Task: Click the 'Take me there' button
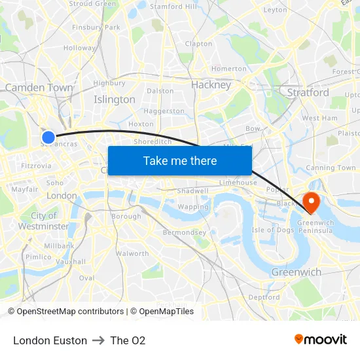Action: point(180,160)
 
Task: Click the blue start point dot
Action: point(48,137)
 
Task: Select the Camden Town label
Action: point(39,87)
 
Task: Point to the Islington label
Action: point(115,99)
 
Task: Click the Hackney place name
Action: point(211,84)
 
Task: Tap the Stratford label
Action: point(308,92)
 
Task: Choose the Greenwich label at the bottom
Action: point(296,272)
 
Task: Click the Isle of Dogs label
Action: point(272,229)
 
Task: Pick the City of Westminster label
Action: point(44,221)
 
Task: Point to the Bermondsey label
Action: point(184,232)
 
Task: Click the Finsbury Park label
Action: point(96,27)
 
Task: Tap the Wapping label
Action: point(193,207)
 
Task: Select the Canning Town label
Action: point(331,168)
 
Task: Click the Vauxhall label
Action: point(71,261)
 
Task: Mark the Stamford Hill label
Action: point(173,7)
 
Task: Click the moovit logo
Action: point(321,339)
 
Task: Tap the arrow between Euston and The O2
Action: point(99,340)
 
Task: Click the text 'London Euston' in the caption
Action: point(50,340)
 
